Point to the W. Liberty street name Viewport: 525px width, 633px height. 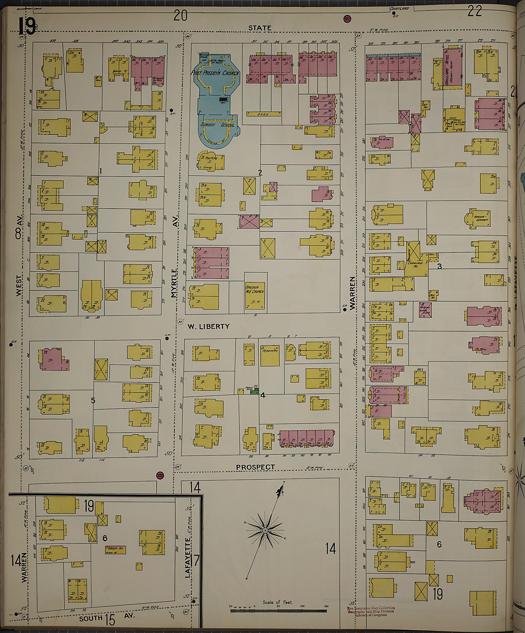click(x=208, y=326)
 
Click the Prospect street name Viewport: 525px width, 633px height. click(x=255, y=467)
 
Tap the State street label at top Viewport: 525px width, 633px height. click(x=260, y=28)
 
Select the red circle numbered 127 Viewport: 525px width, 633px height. click(x=347, y=19)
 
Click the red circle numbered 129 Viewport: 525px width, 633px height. click(x=160, y=476)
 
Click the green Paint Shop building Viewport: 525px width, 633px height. click(x=255, y=392)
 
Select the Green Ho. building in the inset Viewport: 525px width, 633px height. click(x=115, y=550)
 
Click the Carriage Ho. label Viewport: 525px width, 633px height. click(x=415, y=264)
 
